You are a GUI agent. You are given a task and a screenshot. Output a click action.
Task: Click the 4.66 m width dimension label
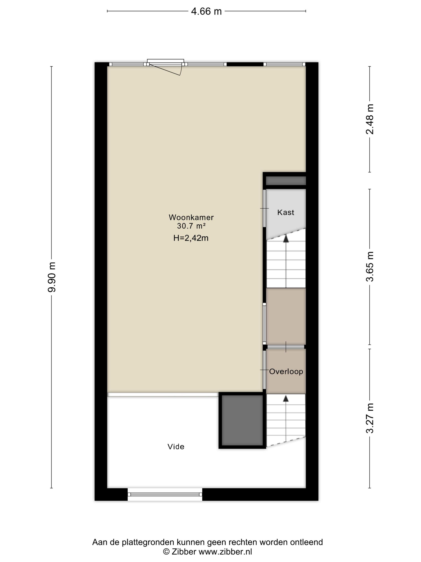pyautogui.click(x=206, y=11)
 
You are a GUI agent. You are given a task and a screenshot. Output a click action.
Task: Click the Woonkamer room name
pyautogui.click(x=191, y=217)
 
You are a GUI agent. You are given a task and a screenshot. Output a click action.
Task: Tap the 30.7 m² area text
pyautogui.click(x=191, y=226)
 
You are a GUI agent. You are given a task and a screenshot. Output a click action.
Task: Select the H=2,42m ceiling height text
pyautogui.click(x=191, y=238)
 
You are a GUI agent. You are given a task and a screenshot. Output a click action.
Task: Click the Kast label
pyautogui.click(x=285, y=212)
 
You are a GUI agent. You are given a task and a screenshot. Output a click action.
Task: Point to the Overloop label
pyautogui.click(x=286, y=372)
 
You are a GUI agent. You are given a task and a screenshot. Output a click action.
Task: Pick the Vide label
pyautogui.click(x=176, y=446)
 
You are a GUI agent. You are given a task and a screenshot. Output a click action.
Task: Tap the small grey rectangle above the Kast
pyautogui.click(x=285, y=181)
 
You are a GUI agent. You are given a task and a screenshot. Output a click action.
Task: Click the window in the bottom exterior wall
pyautogui.click(x=165, y=494)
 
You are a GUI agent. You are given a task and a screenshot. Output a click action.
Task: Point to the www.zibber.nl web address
pyautogui.click(x=225, y=552)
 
